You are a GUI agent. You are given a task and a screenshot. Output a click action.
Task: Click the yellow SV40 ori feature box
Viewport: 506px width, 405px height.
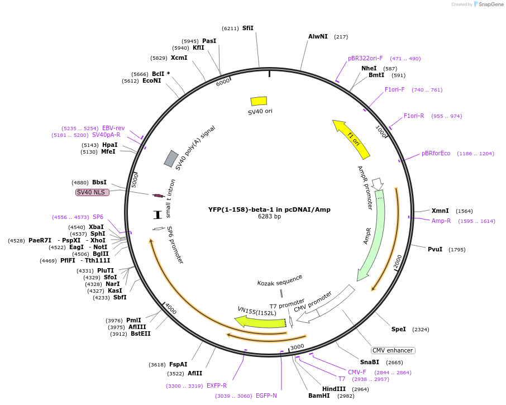[x=259, y=101]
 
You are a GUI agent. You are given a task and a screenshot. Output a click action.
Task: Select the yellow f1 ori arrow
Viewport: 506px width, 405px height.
[x=352, y=140]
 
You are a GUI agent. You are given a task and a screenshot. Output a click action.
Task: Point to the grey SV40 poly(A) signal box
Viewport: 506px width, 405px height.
[x=171, y=158]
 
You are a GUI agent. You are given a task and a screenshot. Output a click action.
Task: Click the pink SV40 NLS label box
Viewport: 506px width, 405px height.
[x=92, y=192]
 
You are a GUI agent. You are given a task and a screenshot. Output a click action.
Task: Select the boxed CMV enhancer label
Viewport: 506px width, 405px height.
[x=393, y=350]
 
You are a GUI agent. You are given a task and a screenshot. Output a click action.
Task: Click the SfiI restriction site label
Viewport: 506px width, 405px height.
[x=248, y=28]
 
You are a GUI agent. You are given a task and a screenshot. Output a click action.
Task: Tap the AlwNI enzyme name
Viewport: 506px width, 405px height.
[x=318, y=36]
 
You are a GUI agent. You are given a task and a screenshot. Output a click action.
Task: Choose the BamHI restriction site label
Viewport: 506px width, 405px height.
[x=319, y=396]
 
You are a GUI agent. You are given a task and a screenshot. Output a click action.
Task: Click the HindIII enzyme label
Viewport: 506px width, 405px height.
[x=334, y=389]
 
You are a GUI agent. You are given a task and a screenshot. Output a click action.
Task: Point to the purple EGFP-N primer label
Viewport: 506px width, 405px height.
[x=266, y=396]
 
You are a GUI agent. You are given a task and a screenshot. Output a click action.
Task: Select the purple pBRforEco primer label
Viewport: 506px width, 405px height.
[x=436, y=153]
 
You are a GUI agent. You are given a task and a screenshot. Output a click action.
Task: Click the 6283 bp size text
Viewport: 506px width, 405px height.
[x=269, y=216]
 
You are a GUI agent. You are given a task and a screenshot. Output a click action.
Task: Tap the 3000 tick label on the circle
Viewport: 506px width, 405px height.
[x=297, y=347]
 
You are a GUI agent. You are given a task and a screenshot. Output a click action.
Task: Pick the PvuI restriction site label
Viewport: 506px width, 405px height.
[x=435, y=249]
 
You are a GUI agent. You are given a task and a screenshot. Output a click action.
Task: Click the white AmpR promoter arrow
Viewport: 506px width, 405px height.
[x=378, y=184]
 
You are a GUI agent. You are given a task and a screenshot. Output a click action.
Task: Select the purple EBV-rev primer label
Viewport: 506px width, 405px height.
[x=113, y=128]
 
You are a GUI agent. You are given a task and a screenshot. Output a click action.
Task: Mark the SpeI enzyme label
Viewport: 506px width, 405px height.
[x=399, y=329]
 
